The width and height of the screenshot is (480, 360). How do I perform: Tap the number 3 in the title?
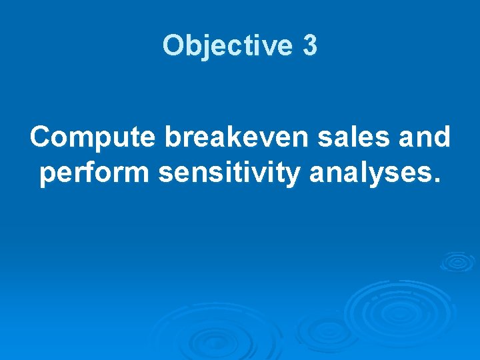point(309,46)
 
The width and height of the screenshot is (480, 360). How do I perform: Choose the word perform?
point(95,173)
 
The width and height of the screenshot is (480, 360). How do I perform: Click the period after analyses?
point(437,181)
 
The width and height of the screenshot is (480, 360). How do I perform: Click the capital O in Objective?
point(173,46)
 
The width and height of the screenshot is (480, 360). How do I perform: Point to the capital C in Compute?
point(41,137)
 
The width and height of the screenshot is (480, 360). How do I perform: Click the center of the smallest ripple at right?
point(457,261)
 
